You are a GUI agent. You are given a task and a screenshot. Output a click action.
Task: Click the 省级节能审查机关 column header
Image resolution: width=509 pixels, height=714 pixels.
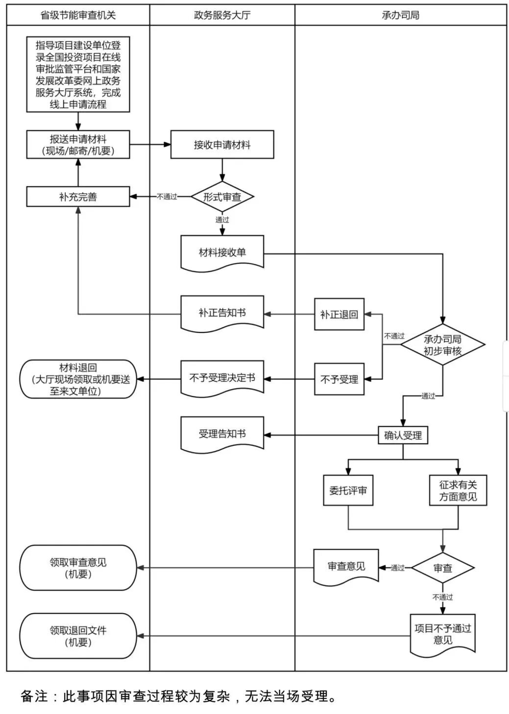coord(78,15)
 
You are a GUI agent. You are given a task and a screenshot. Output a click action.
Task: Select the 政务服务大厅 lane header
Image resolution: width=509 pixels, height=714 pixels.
coord(222,15)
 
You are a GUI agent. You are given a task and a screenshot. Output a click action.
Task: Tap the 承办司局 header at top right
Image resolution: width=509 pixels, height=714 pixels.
coord(400,15)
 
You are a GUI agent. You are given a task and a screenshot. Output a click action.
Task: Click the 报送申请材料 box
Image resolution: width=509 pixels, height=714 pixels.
coord(78,145)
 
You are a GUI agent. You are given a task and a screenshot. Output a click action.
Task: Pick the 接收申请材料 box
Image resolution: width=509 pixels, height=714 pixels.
coord(222,145)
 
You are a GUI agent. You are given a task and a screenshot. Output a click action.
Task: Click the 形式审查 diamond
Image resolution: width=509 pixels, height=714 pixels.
coord(222,197)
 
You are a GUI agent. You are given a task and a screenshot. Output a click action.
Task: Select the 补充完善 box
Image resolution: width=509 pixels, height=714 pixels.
coord(78,197)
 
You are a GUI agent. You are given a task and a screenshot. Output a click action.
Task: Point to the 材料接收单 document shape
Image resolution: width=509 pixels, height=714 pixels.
coord(222,253)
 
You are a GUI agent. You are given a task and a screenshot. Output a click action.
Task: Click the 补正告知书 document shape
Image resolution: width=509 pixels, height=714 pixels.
coord(222,313)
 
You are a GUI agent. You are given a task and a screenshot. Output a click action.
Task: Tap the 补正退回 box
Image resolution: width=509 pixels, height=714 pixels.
coord(339,314)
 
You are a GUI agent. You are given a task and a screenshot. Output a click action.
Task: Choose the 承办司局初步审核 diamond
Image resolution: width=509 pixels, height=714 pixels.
coord(442,345)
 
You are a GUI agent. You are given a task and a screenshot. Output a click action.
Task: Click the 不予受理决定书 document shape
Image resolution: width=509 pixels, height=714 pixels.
coord(222,378)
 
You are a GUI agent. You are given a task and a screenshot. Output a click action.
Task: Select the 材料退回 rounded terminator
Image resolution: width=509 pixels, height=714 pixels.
coord(78,379)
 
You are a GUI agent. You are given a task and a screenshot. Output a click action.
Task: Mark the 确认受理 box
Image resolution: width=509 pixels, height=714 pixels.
coord(403,435)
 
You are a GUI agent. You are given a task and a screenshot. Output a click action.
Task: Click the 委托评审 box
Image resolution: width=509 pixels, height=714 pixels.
coord(348,490)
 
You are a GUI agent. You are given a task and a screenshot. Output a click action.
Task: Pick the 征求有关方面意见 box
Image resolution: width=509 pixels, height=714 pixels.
coord(458,490)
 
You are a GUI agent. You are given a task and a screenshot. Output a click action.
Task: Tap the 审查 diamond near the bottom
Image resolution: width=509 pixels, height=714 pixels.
coord(442,568)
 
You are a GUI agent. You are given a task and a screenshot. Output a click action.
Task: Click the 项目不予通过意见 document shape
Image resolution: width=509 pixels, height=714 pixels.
coord(442,634)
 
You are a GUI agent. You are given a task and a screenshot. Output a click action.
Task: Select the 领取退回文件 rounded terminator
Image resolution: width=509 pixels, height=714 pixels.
coord(78,636)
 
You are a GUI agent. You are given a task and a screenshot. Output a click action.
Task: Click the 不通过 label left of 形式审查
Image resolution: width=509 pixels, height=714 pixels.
coord(167,197)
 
